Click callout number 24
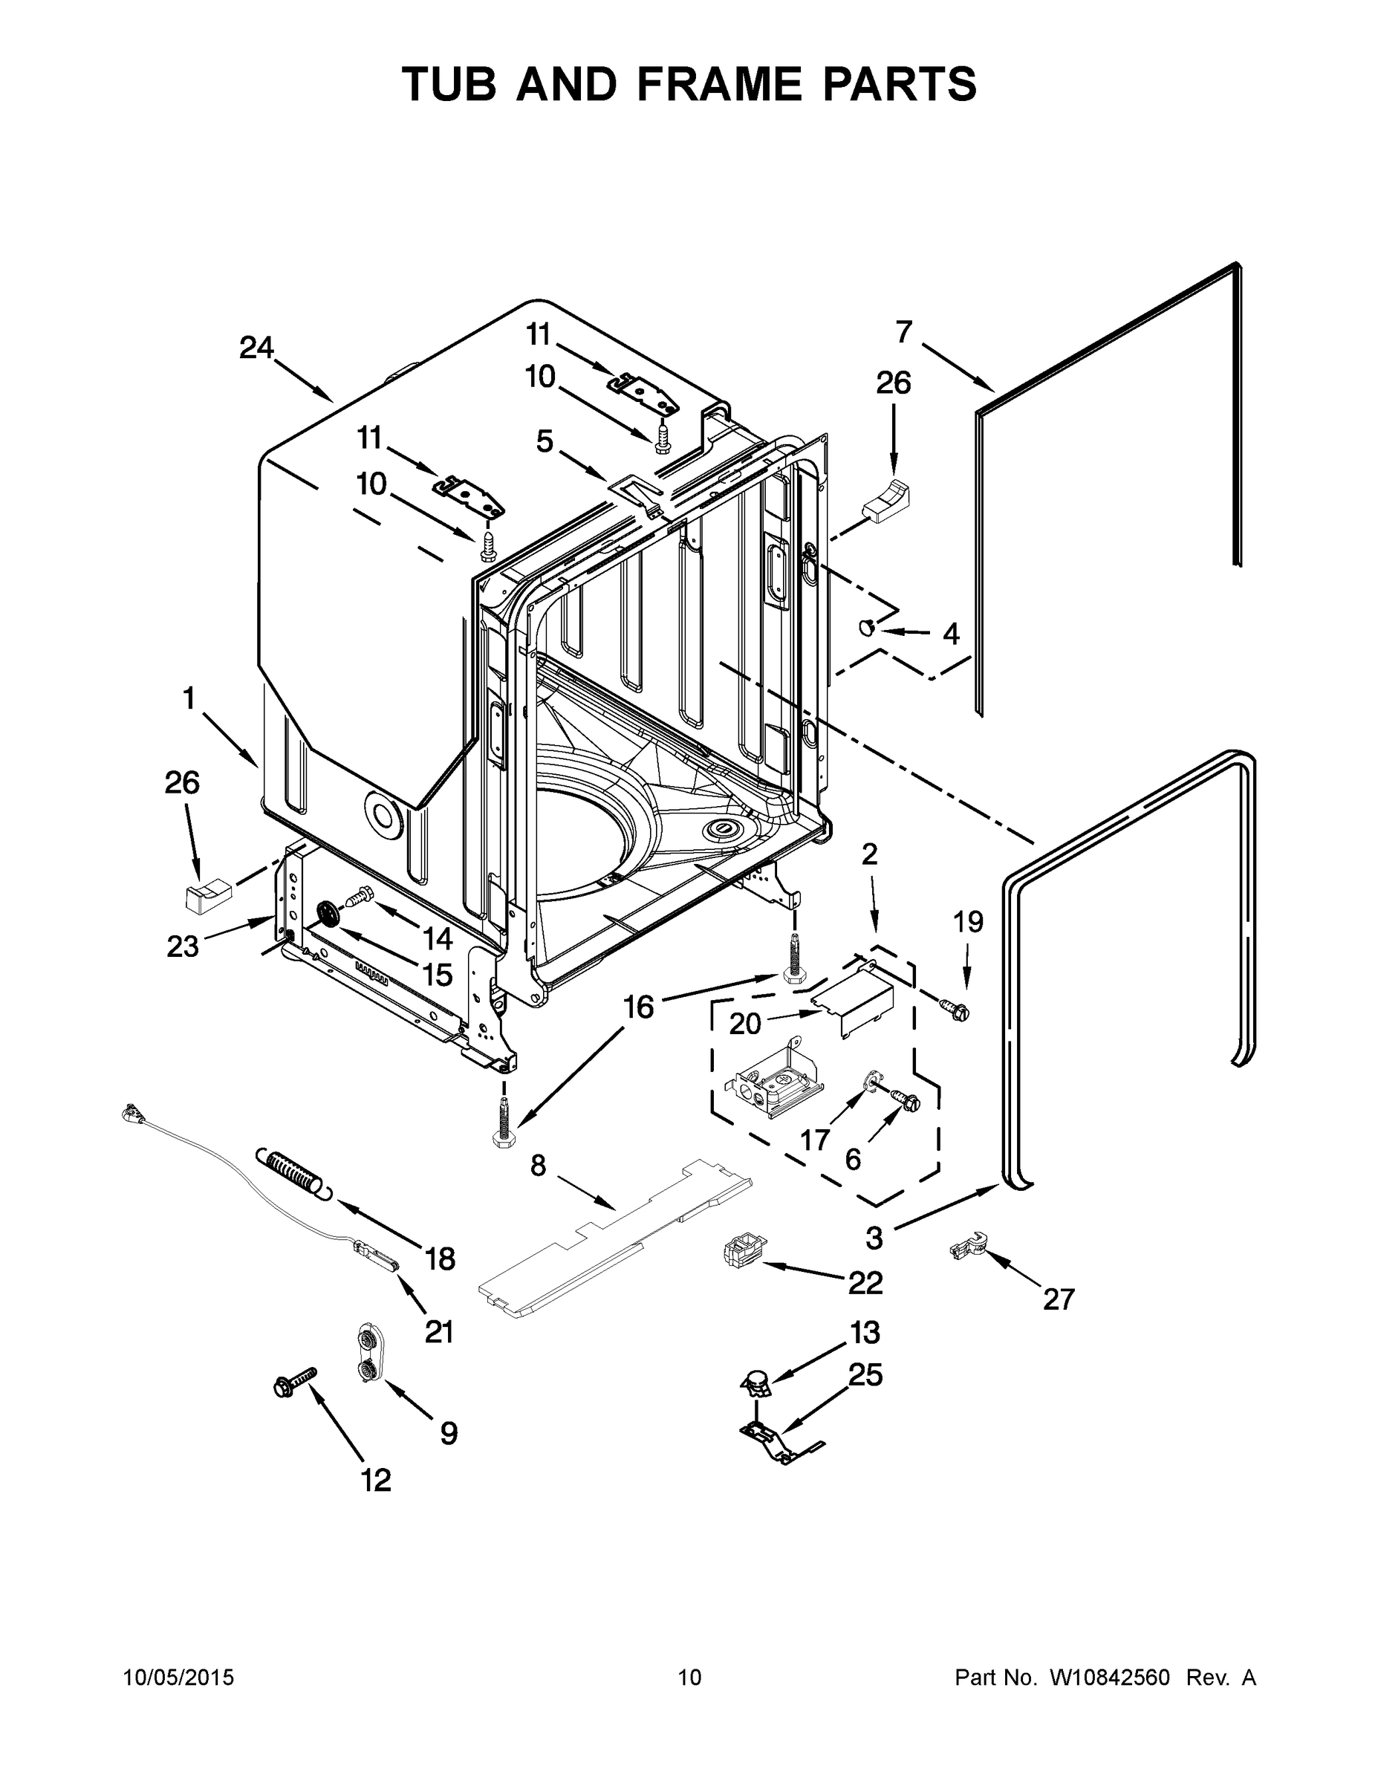point(256,348)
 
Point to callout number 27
point(1059,1298)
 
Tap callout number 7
point(904,332)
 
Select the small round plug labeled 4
point(867,627)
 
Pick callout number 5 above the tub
point(545,442)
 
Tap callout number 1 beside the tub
point(189,698)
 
